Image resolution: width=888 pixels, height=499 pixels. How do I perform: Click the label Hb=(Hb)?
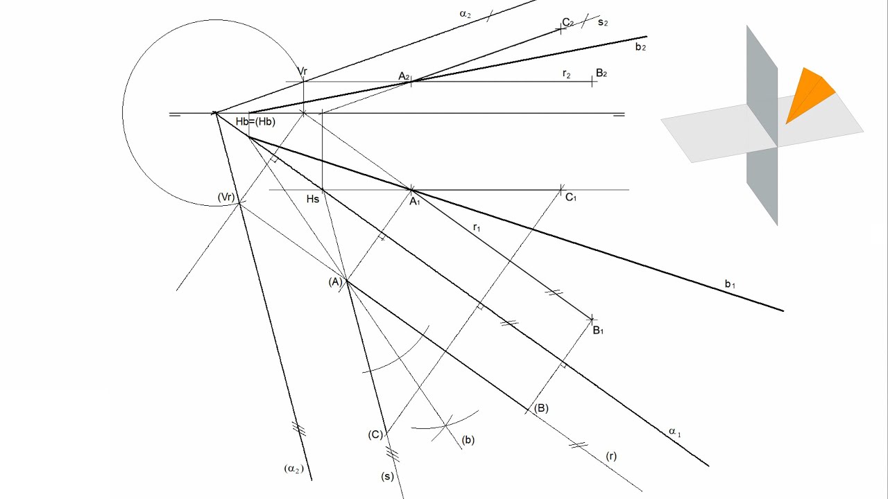pyautogui.click(x=255, y=121)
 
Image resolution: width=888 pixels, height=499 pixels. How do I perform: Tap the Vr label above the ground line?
pyautogui.click(x=302, y=71)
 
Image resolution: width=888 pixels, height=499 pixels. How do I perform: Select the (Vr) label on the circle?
pyautogui.click(x=226, y=197)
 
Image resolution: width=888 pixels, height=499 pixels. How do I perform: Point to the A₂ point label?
pyautogui.click(x=404, y=76)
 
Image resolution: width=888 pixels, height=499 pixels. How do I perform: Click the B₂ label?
pyautogui.click(x=601, y=73)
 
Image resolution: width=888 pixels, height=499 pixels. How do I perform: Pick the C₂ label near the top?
pyautogui.click(x=568, y=23)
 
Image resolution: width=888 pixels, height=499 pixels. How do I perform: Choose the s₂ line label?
pyautogui.click(x=603, y=22)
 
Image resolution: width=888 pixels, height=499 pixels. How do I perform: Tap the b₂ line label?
pyautogui.click(x=640, y=47)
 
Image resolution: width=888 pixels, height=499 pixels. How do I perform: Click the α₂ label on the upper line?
pyautogui.click(x=465, y=15)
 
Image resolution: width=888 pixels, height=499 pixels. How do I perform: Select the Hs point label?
pyautogui.click(x=313, y=199)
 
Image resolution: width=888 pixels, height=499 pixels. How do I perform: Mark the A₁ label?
pyautogui.click(x=415, y=202)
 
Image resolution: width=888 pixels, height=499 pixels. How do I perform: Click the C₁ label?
pyautogui.click(x=571, y=198)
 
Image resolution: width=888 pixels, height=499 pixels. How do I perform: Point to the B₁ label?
pyautogui.click(x=598, y=331)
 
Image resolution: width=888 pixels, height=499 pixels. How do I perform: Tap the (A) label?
pyautogui.click(x=335, y=282)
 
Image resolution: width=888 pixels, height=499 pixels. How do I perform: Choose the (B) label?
pyautogui.click(x=541, y=408)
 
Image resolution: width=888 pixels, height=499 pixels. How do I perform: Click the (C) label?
pyautogui.click(x=375, y=435)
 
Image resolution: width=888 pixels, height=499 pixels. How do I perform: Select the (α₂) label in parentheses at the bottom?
pyautogui.click(x=293, y=469)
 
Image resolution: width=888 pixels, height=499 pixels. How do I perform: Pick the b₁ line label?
pyautogui.click(x=730, y=284)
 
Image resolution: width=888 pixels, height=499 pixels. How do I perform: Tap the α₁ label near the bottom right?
pyautogui.click(x=675, y=432)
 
